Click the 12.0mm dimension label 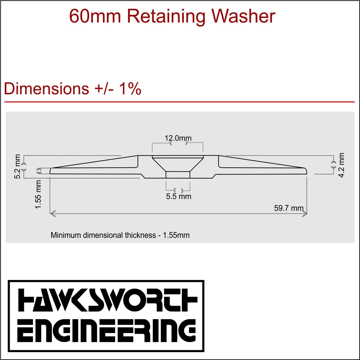pos(178,138)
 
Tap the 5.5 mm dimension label pos(179,196)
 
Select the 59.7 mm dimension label pos(289,208)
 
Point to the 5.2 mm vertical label pos(17,166)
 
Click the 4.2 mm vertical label pos(341,165)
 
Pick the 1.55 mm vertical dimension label pos(38,194)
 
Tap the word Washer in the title pos(243,16)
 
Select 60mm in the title pos(95,16)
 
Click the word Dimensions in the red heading pos(46,89)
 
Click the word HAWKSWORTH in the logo pos(108,300)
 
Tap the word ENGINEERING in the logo pos(106,330)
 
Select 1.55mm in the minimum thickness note pos(176,235)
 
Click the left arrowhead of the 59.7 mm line pos(52,214)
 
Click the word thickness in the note pos(140,235)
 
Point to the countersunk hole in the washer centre pos(178,166)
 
